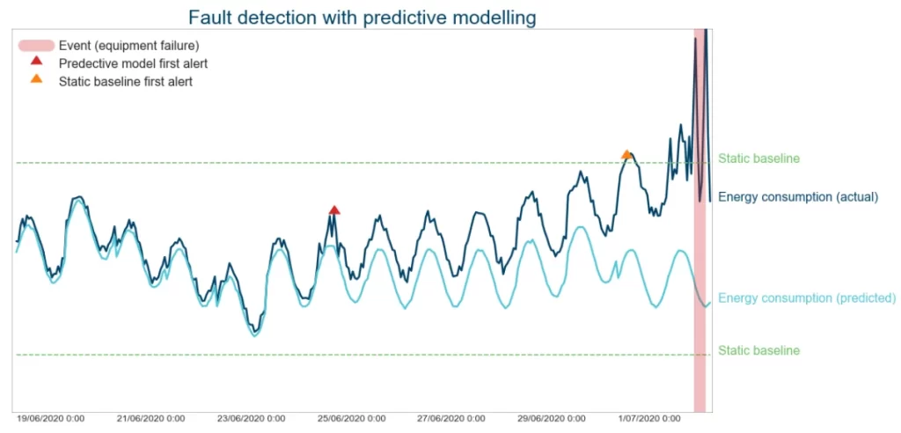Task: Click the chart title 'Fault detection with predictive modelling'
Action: tap(362, 17)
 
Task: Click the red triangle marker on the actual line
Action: tap(334, 209)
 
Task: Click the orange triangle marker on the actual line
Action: tap(626, 154)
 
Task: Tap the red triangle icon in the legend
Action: tap(36, 62)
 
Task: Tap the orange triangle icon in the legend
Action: tap(36, 79)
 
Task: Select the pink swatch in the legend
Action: tap(36, 46)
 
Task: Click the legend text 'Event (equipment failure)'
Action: tap(128, 46)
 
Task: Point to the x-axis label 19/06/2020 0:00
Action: tap(50, 419)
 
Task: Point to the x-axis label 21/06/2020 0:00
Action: tap(150, 419)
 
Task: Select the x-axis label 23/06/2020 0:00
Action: tap(251, 419)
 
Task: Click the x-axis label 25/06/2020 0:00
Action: tap(351, 419)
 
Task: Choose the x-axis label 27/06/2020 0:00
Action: tap(451, 419)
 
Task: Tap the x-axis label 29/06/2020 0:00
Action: tap(552, 419)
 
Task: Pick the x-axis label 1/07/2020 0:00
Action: tap(648, 419)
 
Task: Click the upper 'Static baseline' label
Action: tap(758, 159)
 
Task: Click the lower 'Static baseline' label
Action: tap(758, 350)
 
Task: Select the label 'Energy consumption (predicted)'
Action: tap(806, 297)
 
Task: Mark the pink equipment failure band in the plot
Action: tap(700, 264)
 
